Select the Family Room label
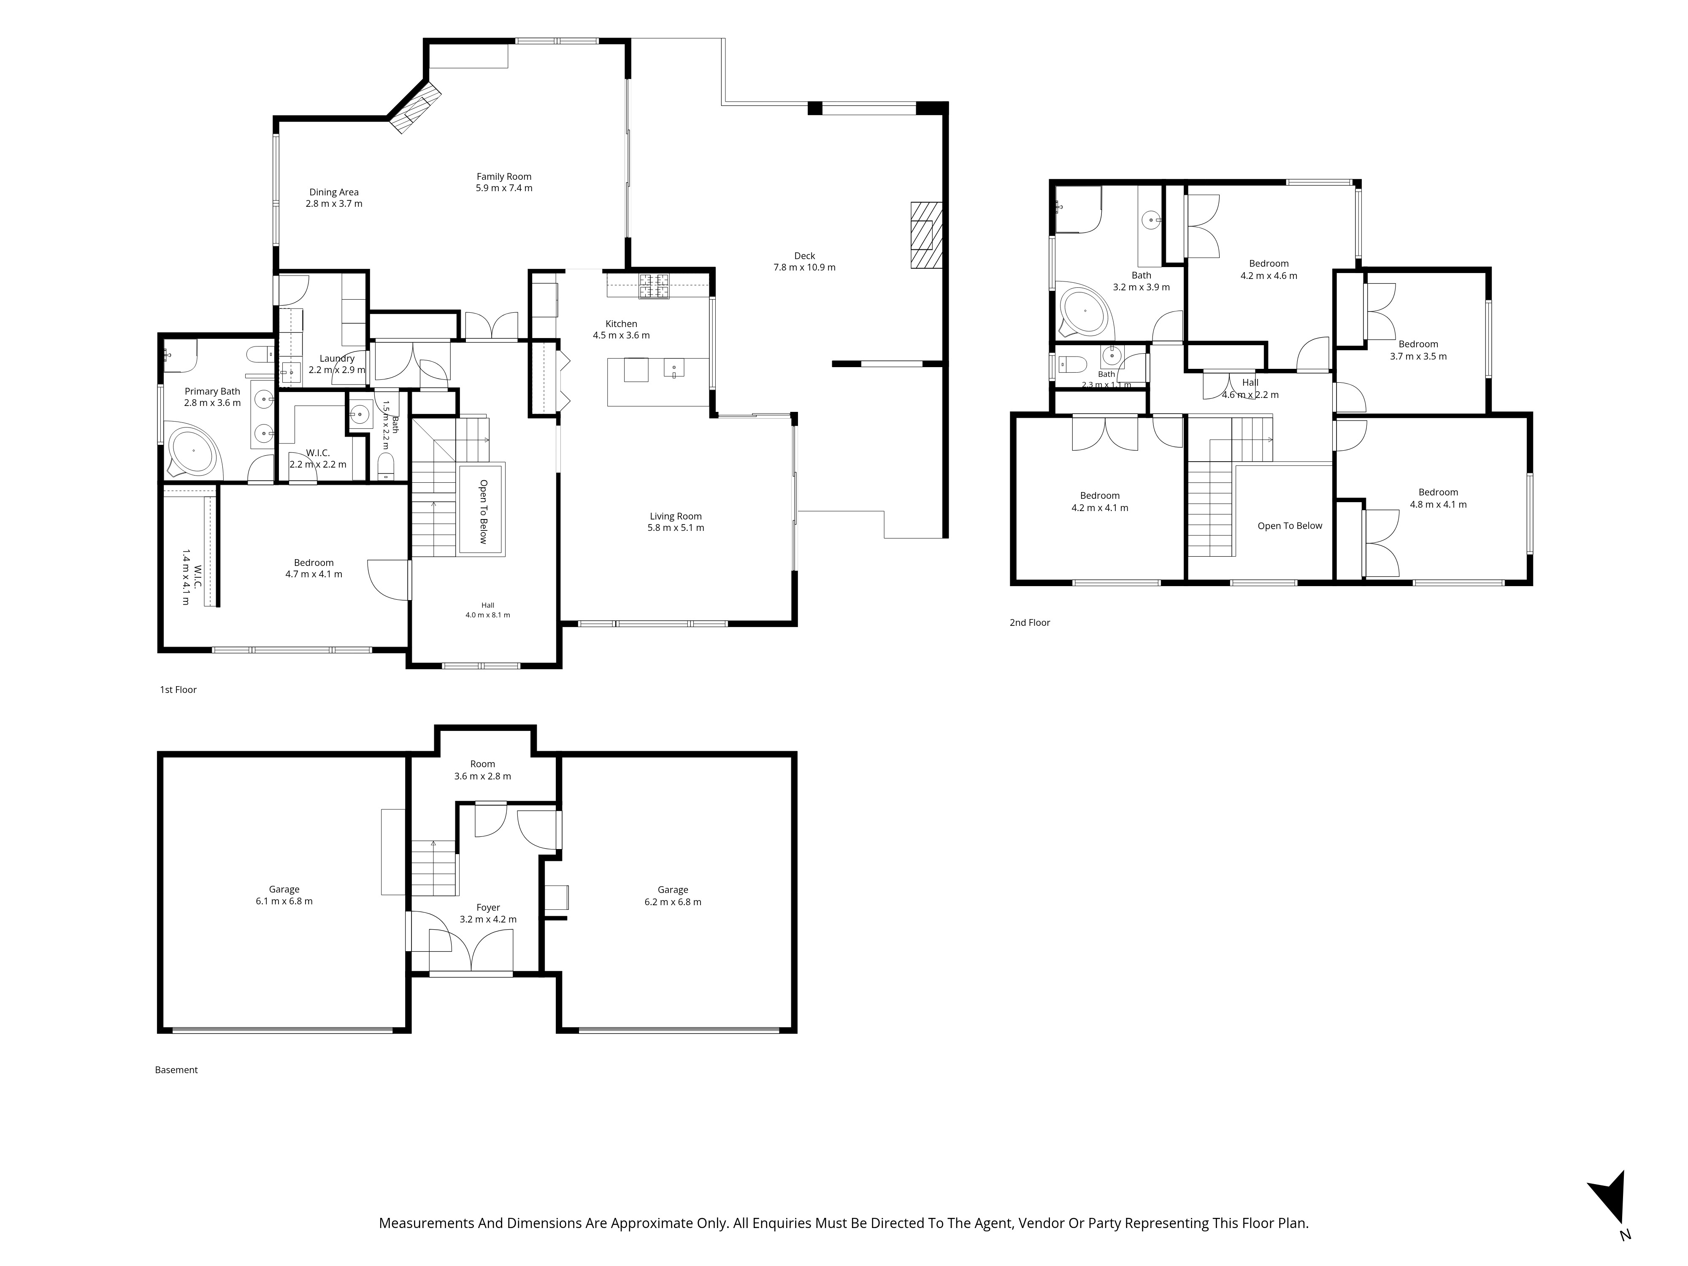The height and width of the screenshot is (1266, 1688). click(503, 176)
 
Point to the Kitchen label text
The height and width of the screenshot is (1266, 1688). click(621, 324)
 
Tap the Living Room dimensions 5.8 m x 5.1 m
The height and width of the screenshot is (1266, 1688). click(675, 528)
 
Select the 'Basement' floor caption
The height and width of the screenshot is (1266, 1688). click(176, 1070)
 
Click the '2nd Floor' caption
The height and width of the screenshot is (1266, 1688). click(1029, 623)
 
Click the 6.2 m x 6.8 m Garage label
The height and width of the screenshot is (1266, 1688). click(673, 896)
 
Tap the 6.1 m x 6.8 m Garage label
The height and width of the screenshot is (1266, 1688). click(284, 895)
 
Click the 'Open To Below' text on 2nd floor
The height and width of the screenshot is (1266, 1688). click(1290, 526)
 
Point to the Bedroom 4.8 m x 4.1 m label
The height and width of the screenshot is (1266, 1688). click(1439, 498)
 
